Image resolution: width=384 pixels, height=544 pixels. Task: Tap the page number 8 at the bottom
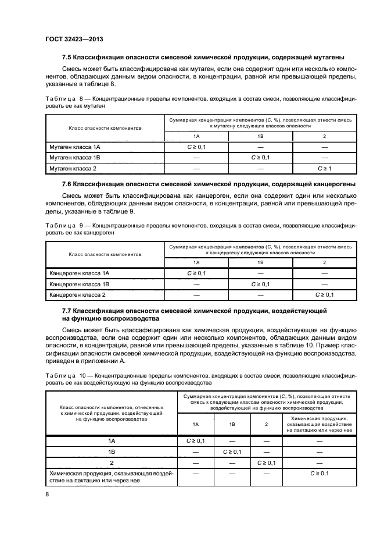48,494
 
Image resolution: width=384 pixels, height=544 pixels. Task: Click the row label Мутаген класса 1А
71,147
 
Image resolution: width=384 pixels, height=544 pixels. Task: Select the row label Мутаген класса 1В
71,157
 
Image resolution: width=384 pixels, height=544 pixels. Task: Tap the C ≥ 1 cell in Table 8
324,168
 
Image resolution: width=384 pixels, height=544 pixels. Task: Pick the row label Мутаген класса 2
70,168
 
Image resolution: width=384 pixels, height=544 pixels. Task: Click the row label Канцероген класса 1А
77,273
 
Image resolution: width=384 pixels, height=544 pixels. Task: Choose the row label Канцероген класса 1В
77,284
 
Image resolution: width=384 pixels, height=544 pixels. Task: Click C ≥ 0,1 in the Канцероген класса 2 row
324,295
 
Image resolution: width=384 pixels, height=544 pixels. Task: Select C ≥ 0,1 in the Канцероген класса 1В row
260,284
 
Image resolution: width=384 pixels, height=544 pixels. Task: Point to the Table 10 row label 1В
112,451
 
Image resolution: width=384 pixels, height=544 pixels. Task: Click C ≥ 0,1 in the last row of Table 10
319,474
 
